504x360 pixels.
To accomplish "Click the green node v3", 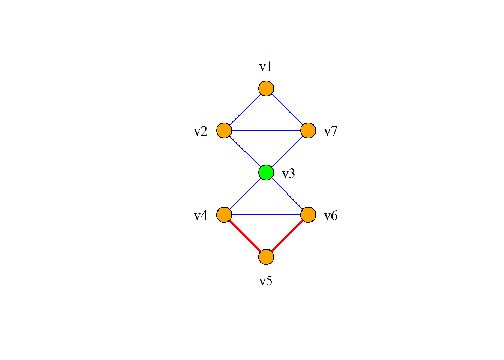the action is (266, 172).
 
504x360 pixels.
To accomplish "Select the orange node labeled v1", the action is (266, 88).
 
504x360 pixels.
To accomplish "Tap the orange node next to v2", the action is (224, 130).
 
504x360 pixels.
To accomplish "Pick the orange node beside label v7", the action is (308, 130).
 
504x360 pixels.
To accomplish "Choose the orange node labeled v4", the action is (224, 215).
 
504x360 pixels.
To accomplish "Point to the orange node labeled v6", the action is (308, 215).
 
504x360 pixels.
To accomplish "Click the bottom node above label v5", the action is (266, 257).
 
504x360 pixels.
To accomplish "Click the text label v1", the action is (266, 67).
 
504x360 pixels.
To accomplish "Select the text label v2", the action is (201, 131).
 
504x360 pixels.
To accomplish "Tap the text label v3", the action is (288, 174).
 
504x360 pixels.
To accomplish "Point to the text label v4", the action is (201, 216).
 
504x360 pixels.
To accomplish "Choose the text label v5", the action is (266, 281).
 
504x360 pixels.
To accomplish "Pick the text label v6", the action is (331, 216).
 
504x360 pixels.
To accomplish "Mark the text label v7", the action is (331, 131).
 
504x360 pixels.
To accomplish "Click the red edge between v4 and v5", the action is (245, 236).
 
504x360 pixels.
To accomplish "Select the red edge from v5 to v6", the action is (287, 236).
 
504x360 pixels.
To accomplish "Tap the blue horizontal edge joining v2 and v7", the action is (266, 130).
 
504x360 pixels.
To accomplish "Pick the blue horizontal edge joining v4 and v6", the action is (266, 215).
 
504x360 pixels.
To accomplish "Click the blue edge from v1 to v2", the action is (245, 109).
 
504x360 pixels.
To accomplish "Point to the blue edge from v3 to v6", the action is (287, 194).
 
